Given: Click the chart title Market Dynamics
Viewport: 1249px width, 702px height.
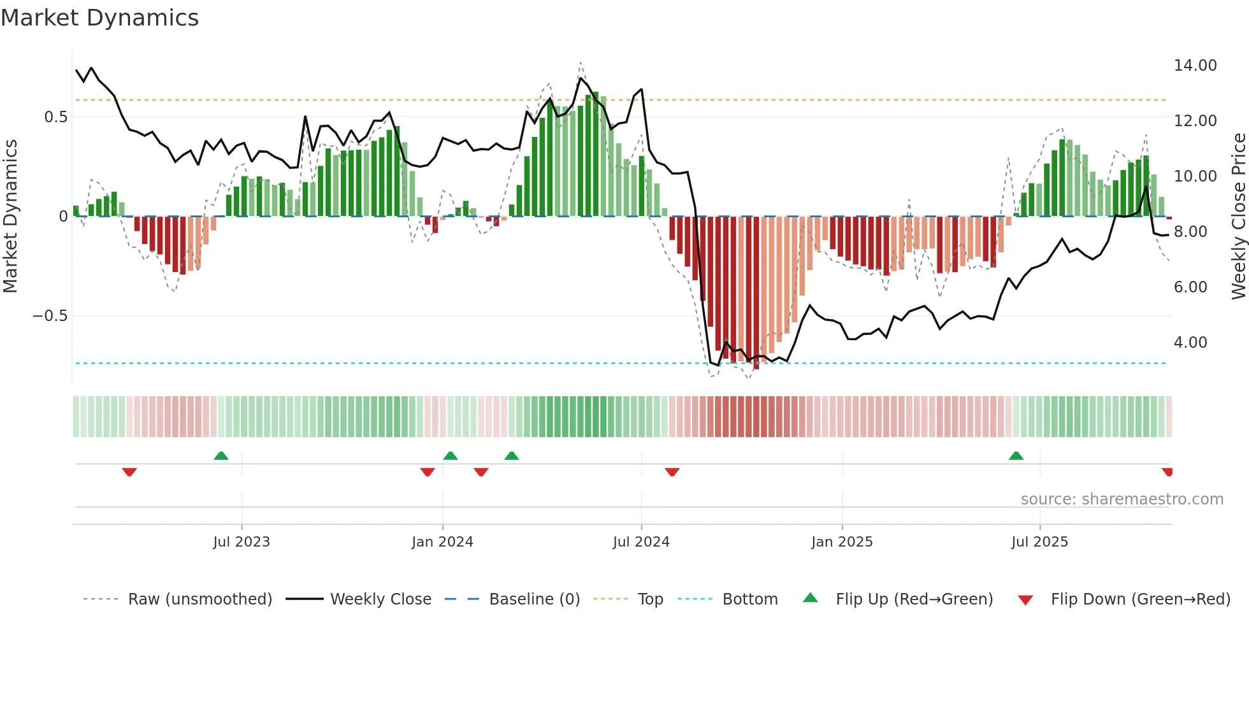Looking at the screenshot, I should (99, 18).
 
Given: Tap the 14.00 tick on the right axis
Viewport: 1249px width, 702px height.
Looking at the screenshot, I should (1195, 66).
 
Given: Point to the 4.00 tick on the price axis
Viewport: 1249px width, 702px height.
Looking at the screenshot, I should (1190, 343).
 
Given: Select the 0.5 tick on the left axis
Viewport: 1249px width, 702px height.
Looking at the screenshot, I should (55, 117).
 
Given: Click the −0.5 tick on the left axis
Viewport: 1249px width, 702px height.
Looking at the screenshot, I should (50, 316).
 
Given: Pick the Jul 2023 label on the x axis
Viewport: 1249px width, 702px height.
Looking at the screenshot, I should (241, 542).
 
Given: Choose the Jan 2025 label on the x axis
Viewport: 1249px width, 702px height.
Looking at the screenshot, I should (841, 542).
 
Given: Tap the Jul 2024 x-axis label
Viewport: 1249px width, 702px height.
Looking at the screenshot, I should (640, 542).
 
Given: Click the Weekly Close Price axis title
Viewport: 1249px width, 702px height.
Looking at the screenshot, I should (1238, 217).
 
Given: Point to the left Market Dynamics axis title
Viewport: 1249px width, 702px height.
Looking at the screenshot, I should (10, 217).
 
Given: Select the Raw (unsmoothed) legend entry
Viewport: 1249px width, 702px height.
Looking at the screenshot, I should (199, 599).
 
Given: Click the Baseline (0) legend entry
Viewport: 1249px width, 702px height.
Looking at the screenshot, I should (534, 599).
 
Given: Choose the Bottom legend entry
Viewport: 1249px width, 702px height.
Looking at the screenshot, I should (749, 599).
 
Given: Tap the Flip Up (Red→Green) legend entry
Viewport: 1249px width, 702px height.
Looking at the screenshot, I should (914, 599).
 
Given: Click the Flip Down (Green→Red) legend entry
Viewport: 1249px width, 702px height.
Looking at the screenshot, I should (1140, 599).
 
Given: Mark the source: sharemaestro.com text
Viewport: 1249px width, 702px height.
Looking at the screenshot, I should (1122, 499).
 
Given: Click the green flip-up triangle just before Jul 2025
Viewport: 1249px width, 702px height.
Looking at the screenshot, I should (1016, 456).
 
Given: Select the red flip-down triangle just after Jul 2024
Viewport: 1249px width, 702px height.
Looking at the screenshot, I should (672, 472).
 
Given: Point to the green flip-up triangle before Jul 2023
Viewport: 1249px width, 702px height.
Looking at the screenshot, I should (220, 456).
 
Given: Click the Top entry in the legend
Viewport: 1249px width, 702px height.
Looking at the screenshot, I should (650, 599).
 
